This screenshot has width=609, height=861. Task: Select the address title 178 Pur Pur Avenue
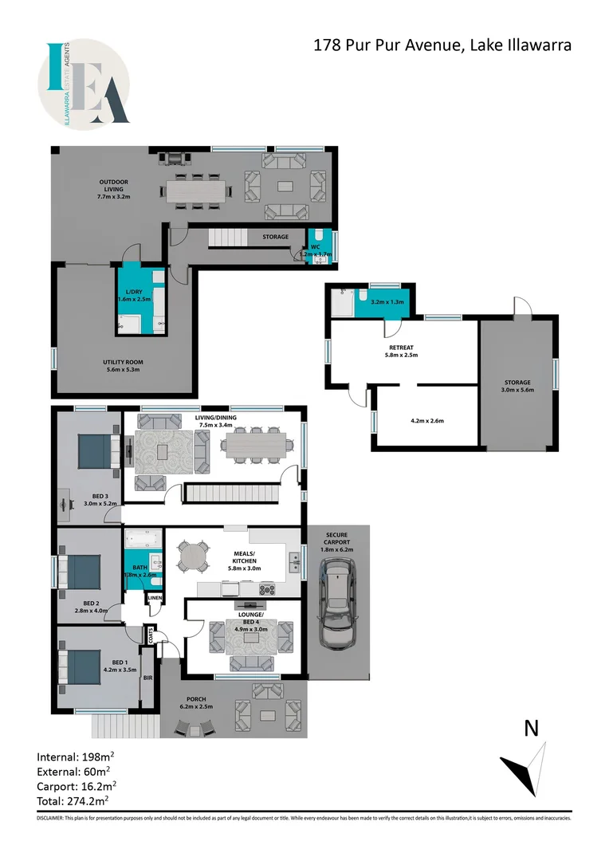click(442, 45)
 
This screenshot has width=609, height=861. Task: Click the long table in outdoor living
click(195, 190)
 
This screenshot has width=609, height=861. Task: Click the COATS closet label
click(150, 635)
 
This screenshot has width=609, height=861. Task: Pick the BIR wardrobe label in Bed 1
click(147, 678)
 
